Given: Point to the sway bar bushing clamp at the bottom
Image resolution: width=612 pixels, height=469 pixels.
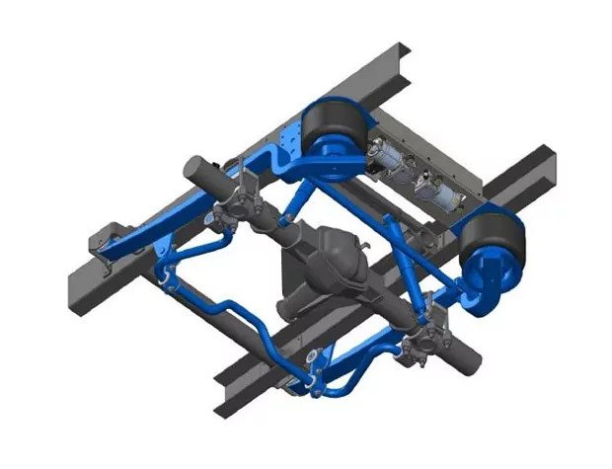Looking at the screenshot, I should (313, 379).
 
